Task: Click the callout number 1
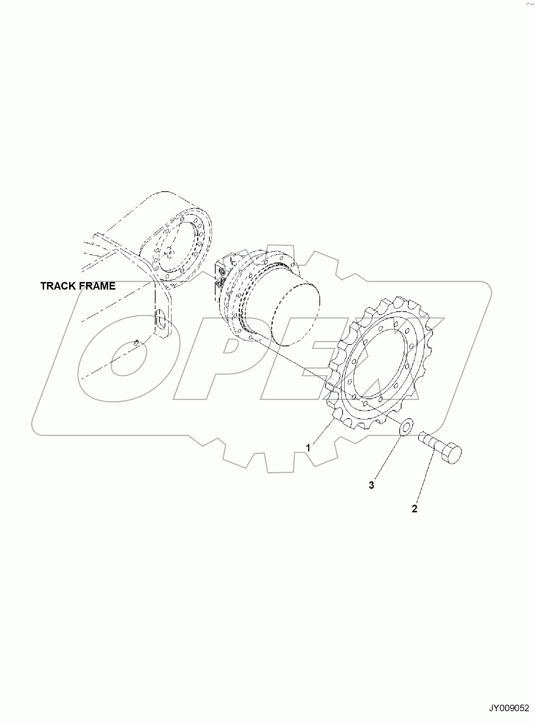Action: (308, 448)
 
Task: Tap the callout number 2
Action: (415, 509)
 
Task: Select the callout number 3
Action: (371, 485)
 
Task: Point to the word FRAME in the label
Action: (98, 286)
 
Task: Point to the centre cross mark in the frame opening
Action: (168, 253)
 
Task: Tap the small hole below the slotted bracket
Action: (136, 342)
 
